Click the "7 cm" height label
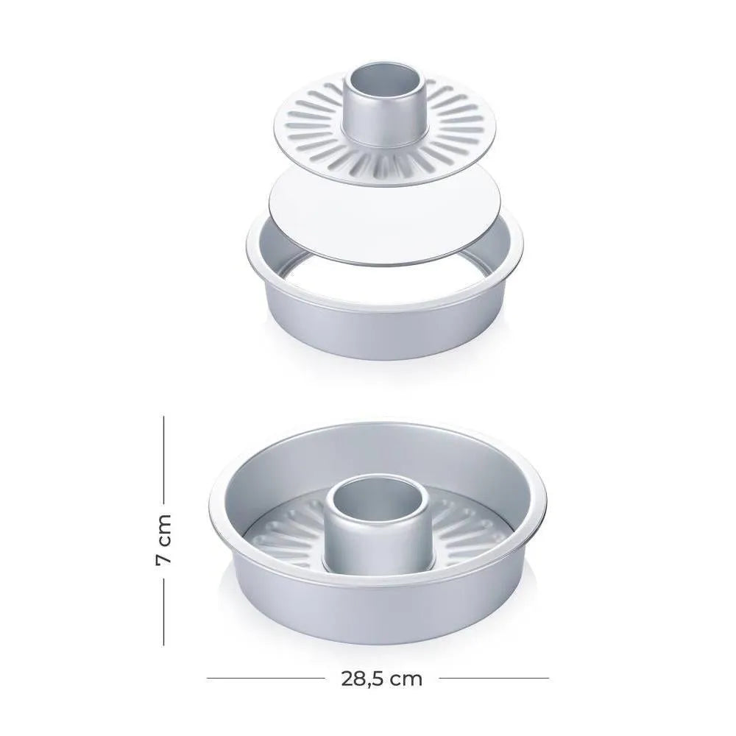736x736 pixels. point(164,539)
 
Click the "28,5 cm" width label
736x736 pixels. point(381,679)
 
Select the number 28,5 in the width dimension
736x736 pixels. point(361,679)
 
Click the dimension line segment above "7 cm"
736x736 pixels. point(164,459)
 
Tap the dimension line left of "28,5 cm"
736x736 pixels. point(265,678)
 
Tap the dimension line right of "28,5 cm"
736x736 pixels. point(494,678)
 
